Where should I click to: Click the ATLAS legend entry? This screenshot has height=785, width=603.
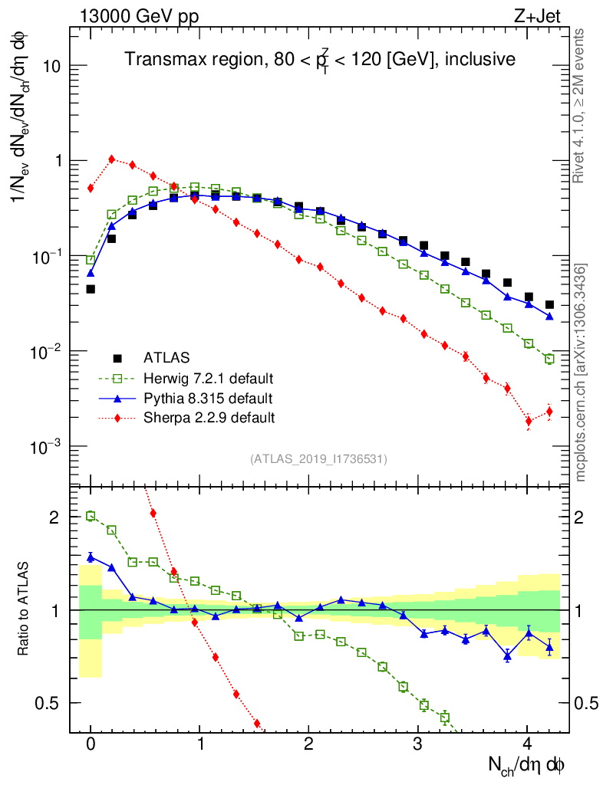[x=166, y=357]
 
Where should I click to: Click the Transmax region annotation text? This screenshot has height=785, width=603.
[x=320, y=59]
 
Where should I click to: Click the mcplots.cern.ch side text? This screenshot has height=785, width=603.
[x=581, y=373]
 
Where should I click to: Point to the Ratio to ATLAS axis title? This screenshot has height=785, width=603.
[x=25, y=609]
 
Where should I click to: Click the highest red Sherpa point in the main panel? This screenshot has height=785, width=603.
[x=112, y=159]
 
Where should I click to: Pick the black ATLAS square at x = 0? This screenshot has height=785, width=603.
[x=91, y=289]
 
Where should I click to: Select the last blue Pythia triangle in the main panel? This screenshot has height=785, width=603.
[x=549, y=316]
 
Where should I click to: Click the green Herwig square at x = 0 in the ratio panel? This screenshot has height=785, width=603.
[x=91, y=516]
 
